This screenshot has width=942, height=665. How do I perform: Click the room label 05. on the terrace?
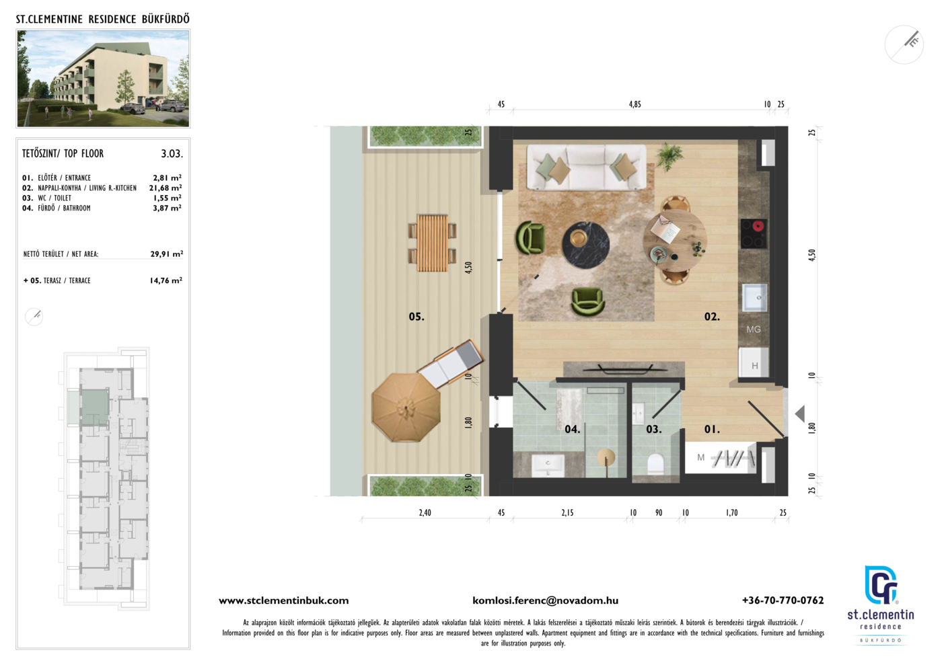[416, 317]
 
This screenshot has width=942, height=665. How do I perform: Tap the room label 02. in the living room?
[712, 317]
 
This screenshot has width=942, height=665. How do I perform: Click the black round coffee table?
[586, 245]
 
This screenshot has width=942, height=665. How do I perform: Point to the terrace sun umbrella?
[406, 407]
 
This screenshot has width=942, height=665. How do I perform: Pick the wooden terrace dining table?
[432, 243]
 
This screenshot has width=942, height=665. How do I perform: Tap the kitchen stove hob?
[754, 233]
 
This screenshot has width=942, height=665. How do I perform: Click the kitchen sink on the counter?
[754, 298]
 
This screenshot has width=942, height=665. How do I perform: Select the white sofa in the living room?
[586, 167]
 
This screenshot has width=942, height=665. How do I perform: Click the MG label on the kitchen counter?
[754, 329]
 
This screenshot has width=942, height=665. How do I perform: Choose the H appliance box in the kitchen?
[754, 362]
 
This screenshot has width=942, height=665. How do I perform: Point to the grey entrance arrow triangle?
[800, 414]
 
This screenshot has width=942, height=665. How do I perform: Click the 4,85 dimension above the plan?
[635, 104]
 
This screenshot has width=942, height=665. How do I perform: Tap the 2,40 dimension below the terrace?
[425, 513]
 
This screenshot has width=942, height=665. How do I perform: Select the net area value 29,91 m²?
[167, 254]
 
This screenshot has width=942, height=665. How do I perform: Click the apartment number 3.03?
[172, 154]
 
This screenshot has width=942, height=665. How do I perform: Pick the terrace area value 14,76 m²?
[166, 280]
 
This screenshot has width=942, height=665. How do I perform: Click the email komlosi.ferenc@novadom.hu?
[546, 600]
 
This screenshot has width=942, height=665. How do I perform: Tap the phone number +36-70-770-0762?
[783, 600]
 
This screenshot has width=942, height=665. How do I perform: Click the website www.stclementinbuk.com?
[284, 600]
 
